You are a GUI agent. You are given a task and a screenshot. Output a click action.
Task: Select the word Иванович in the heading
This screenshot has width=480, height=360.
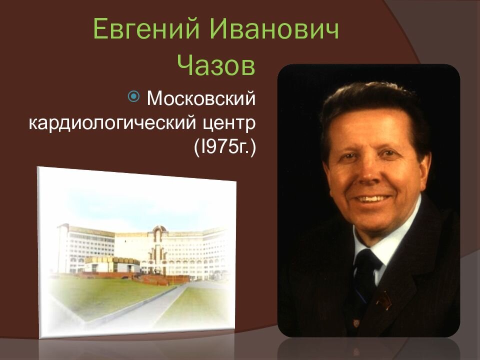click(x=274, y=29)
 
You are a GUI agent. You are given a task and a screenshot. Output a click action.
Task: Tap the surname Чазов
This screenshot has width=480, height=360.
click(x=216, y=65)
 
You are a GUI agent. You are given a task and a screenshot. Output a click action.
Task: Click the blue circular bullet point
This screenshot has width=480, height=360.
click(x=134, y=96)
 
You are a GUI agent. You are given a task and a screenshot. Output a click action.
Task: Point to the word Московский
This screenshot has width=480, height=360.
click(x=201, y=98)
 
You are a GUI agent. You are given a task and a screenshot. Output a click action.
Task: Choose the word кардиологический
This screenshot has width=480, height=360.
click(x=112, y=123)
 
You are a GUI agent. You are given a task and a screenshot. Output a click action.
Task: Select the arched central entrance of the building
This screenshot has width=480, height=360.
click(x=157, y=248)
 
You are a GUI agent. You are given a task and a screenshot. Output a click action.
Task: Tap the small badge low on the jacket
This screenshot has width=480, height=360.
click(x=356, y=323)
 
